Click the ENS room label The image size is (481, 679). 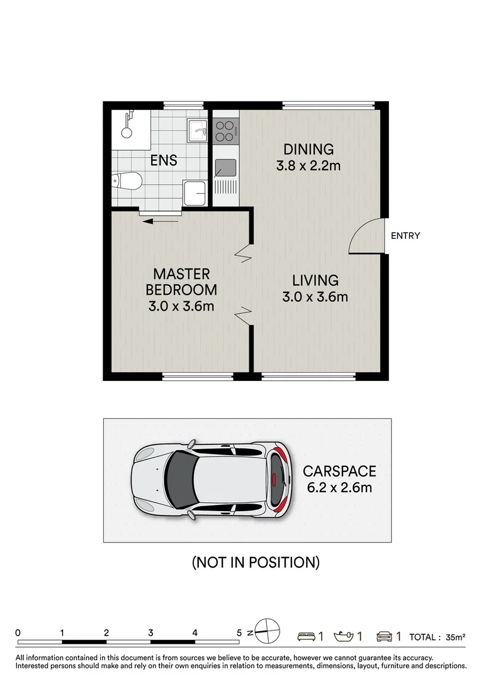[x=163, y=161]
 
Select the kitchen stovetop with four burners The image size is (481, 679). [x=224, y=130]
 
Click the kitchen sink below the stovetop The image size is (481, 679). [x=225, y=167]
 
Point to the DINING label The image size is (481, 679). [x=308, y=150]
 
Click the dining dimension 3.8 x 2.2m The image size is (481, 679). [x=308, y=167]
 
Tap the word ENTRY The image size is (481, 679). [x=405, y=236]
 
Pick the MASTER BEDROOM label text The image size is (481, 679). [x=181, y=282]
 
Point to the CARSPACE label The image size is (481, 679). [x=339, y=471]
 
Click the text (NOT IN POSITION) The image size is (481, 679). [x=256, y=562]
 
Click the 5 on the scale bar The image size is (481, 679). [x=239, y=633]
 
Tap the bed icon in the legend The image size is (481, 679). [x=307, y=637]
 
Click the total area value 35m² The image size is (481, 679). [x=455, y=637]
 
